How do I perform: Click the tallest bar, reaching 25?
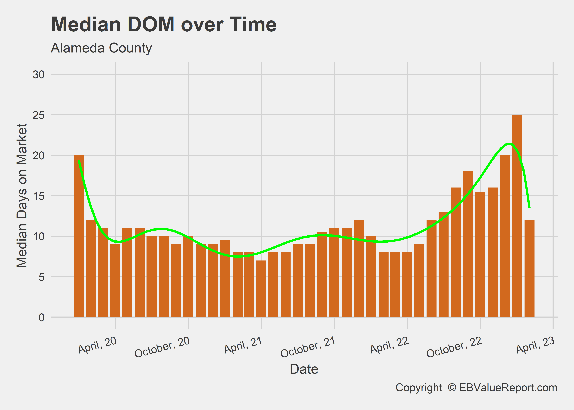coord(517,216)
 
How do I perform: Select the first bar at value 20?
coord(79,236)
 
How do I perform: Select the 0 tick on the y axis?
coord(42,317)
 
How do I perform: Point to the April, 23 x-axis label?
coord(535,345)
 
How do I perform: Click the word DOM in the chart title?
coord(151,24)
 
